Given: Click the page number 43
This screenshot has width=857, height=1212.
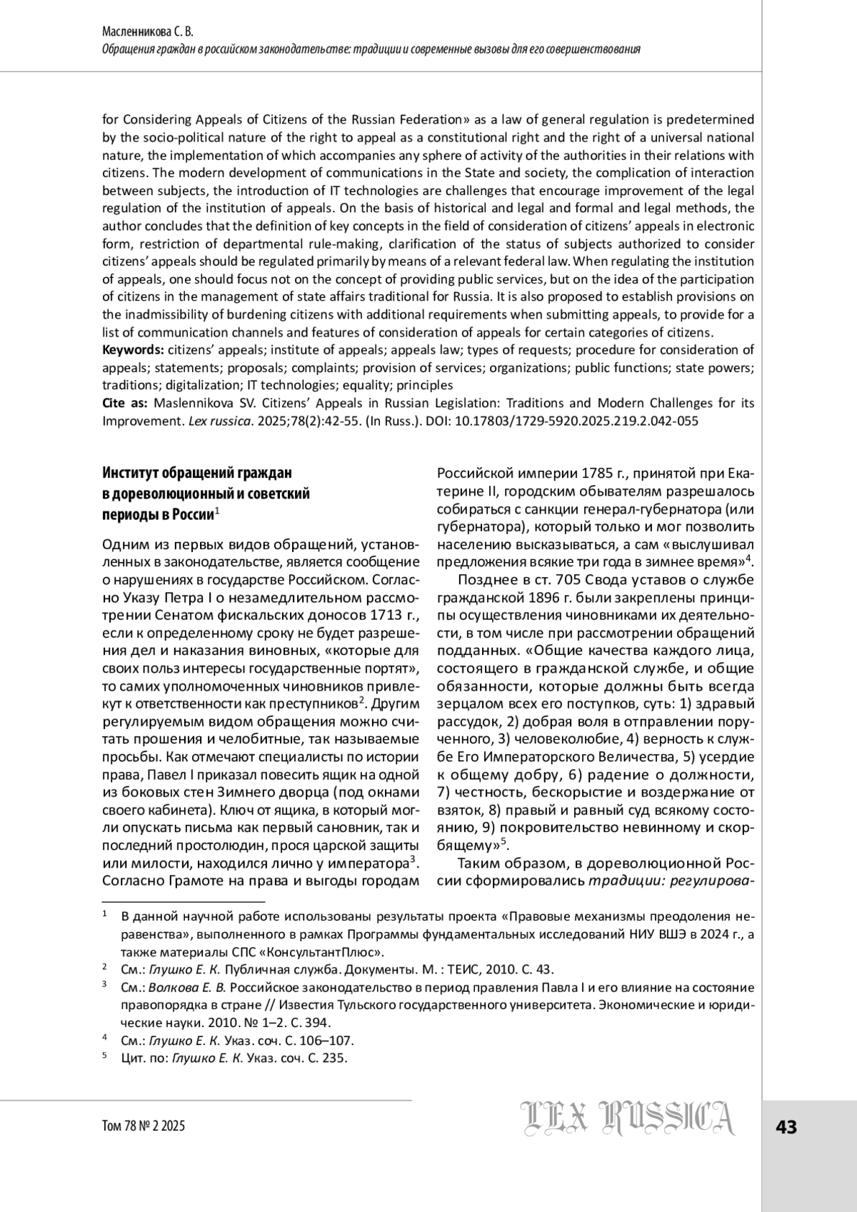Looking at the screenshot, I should (786, 1128).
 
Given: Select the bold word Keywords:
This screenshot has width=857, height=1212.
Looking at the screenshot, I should (134, 350).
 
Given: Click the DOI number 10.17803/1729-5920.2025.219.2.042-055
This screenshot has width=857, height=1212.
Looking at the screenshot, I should (576, 421).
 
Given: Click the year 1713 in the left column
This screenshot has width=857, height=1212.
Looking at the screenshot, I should (389, 615).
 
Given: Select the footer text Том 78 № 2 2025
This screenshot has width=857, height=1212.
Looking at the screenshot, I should (144, 1126).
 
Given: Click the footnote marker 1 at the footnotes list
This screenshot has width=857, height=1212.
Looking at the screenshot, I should (104, 915).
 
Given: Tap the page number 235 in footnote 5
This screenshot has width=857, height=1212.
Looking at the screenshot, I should (333, 1058).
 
